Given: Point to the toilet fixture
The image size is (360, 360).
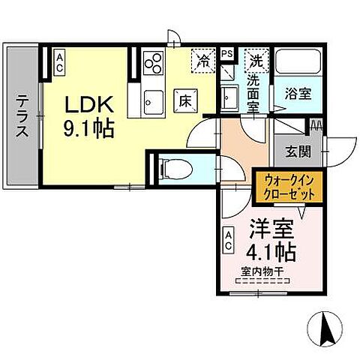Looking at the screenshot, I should point(171,166).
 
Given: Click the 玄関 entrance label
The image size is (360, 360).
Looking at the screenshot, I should point(296,151).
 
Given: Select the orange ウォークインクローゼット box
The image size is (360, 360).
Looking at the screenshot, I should point(288,186).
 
